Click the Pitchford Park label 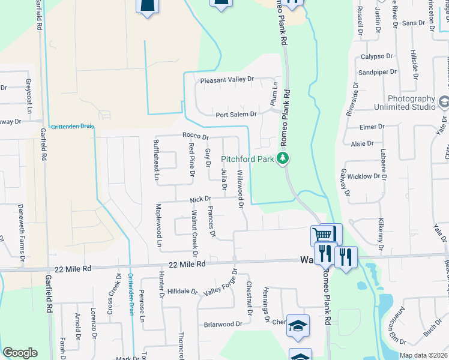pyautogui.click(x=247, y=159)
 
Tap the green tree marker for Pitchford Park pyautogui.click(x=282, y=158)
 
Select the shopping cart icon pyautogui.click(x=323, y=235)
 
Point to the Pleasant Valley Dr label pyautogui.click(x=228, y=79)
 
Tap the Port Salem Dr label pyautogui.click(x=236, y=114)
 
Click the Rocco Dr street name pyautogui.click(x=195, y=136)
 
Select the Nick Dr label pyautogui.click(x=200, y=199)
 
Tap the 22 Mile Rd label pyautogui.click(x=187, y=264)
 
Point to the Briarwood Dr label pyautogui.click(x=222, y=324)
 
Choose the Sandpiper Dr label pyautogui.click(x=378, y=72)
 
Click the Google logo pyautogui.click(x=20, y=353)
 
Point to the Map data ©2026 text pyautogui.click(x=423, y=355)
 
